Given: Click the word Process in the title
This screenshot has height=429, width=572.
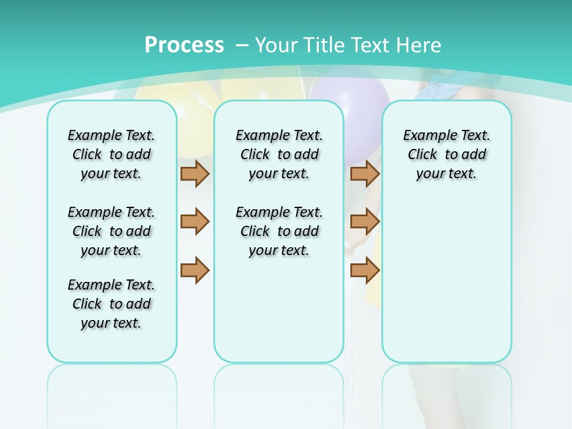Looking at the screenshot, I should click(x=184, y=45).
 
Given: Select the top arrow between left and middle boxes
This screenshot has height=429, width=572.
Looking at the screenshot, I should click(x=194, y=173).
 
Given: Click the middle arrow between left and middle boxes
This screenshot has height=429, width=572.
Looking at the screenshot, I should click(x=194, y=222).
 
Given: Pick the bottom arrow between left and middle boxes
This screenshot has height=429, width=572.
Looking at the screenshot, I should click(x=194, y=270).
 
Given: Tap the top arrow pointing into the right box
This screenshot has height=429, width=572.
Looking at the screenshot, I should click(x=365, y=173).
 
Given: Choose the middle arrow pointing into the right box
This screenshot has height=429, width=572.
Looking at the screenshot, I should click(x=365, y=222).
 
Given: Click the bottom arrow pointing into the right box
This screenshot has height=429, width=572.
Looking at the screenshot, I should click(x=365, y=270).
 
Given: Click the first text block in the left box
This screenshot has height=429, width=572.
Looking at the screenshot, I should click(x=111, y=154).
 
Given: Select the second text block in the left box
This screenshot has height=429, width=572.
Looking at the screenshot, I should click(x=111, y=231).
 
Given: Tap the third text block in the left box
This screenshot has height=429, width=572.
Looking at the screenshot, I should click(x=111, y=304).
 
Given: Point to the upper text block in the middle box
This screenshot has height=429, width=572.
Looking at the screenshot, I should click(x=279, y=154).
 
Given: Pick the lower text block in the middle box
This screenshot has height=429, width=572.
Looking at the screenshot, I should click(x=279, y=231).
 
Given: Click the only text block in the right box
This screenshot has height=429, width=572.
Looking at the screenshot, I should click(x=446, y=154).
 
